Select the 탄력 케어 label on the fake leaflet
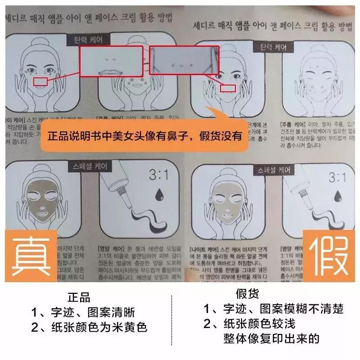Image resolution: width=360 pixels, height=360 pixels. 273,47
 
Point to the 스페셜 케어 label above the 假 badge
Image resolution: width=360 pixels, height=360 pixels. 273,170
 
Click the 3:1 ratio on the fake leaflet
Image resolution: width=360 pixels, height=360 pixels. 337,178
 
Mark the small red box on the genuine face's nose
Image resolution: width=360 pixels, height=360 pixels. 41,81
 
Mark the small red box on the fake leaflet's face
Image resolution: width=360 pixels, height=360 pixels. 228,88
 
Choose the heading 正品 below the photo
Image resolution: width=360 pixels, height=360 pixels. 79,297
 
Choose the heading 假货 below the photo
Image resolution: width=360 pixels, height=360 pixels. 247,295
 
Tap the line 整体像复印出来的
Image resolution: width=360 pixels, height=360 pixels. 271,338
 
